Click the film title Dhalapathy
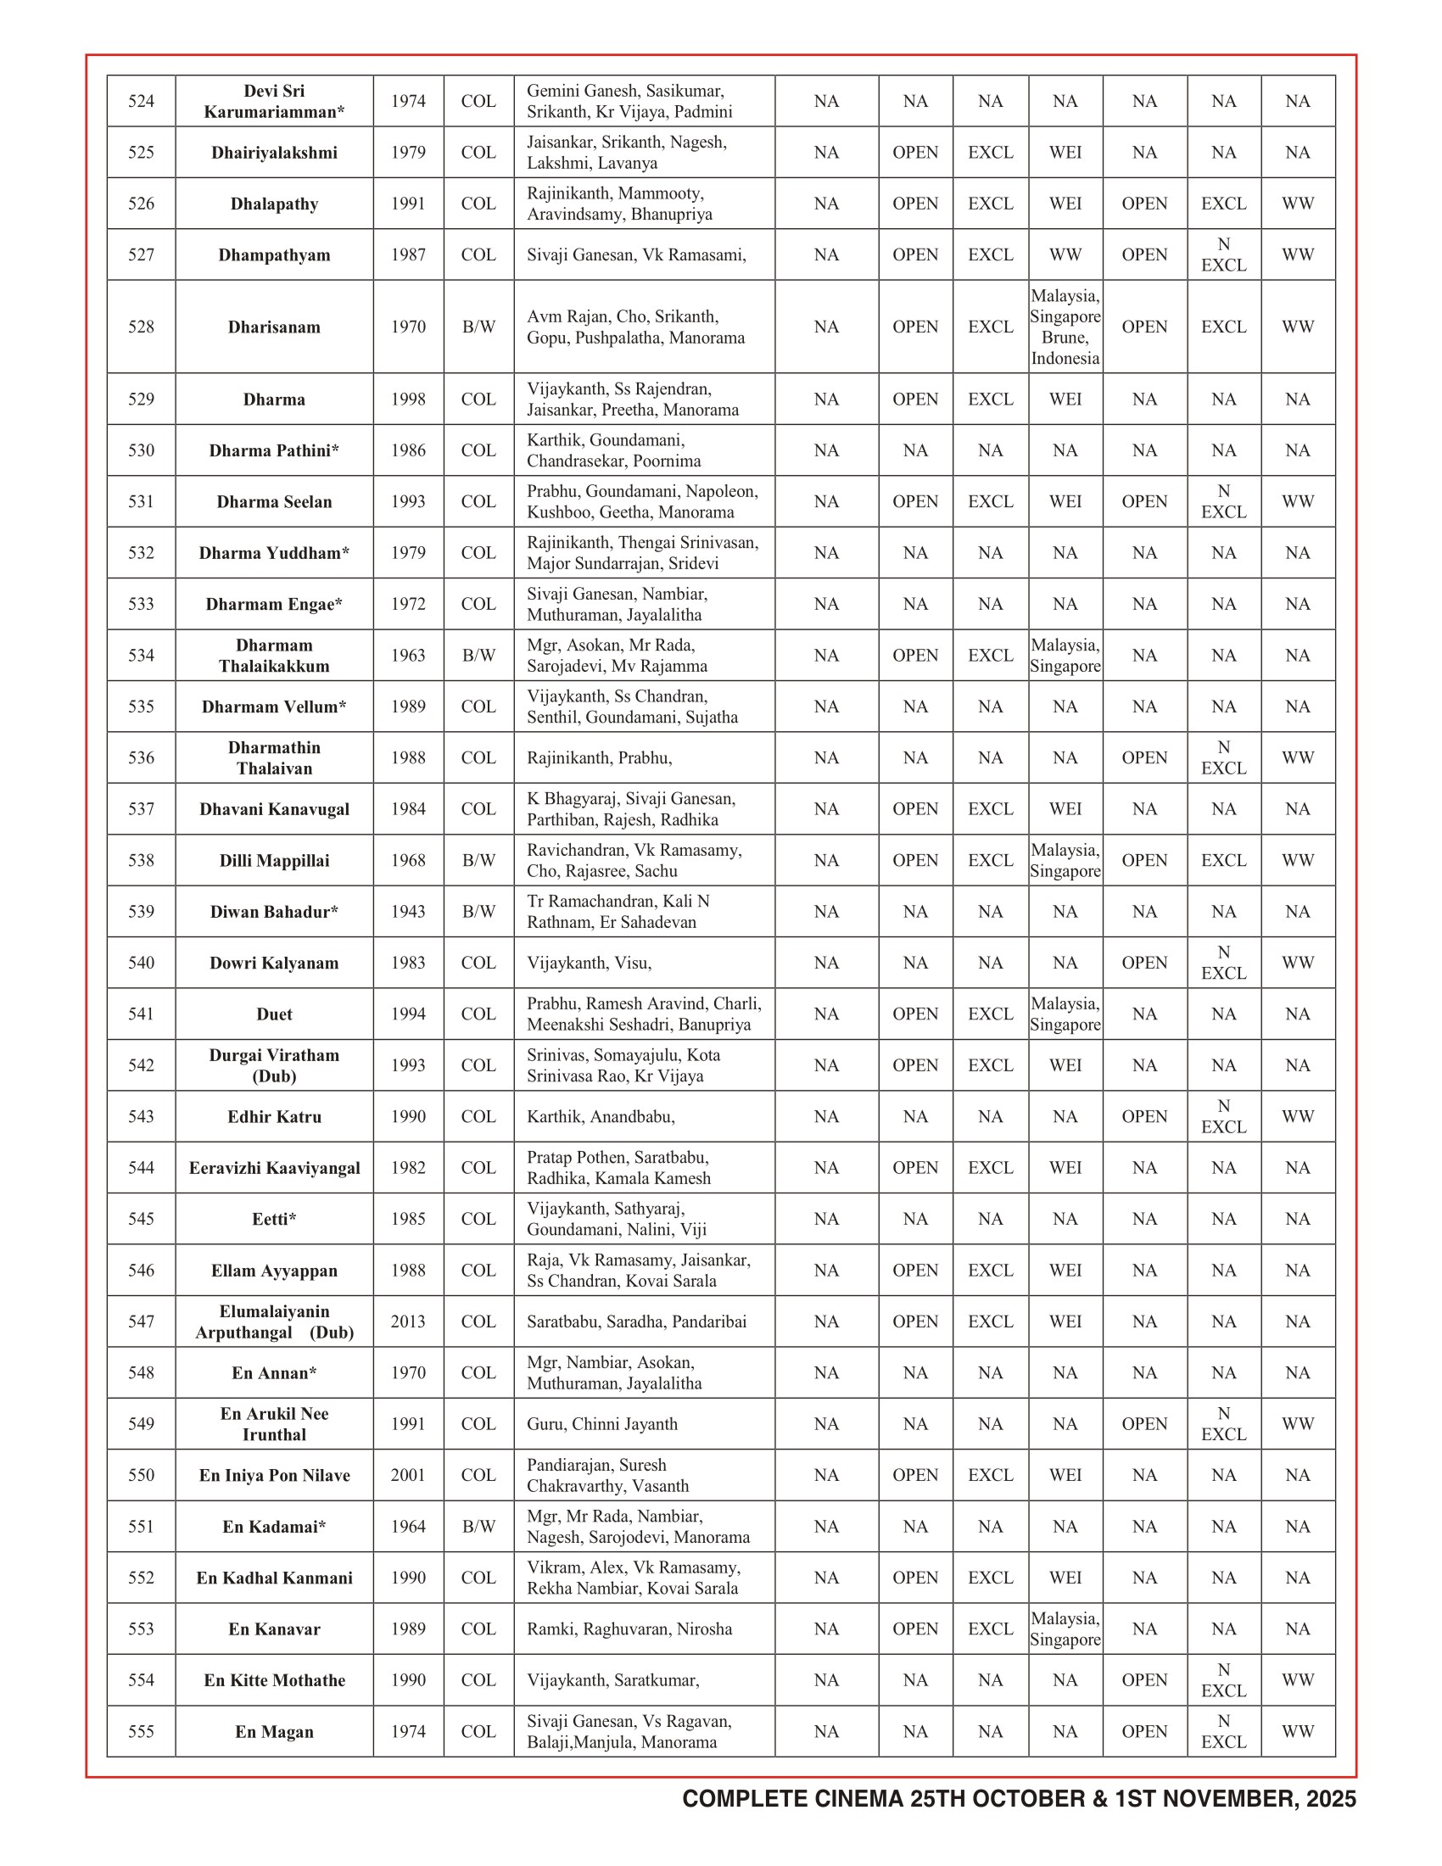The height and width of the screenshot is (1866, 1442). [x=274, y=204]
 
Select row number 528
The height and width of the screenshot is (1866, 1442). [x=141, y=327]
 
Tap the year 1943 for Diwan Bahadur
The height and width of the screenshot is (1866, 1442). [x=408, y=912]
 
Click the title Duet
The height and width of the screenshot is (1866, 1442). [x=274, y=1014]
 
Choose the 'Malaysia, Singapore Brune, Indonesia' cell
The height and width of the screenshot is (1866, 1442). [x=1065, y=327]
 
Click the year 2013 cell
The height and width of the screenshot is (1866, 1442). [x=408, y=1321]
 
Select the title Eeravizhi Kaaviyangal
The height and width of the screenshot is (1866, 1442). [x=274, y=1168]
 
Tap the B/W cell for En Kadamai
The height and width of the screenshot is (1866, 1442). [x=478, y=1527]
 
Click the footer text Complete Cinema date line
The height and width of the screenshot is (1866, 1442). [x=1018, y=1799]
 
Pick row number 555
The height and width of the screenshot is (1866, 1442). [x=141, y=1732]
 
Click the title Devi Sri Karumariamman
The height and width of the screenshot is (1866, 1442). [x=274, y=102]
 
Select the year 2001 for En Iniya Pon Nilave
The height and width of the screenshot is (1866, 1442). [x=408, y=1476]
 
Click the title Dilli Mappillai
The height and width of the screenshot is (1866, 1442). [x=274, y=860]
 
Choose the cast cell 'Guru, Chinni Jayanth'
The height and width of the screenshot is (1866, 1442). [x=602, y=1424]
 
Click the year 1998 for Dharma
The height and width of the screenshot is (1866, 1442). [x=408, y=399]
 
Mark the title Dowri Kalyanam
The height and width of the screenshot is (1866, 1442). [x=274, y=963]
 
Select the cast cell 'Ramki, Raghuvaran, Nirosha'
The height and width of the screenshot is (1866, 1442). [x=629, y=1629]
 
